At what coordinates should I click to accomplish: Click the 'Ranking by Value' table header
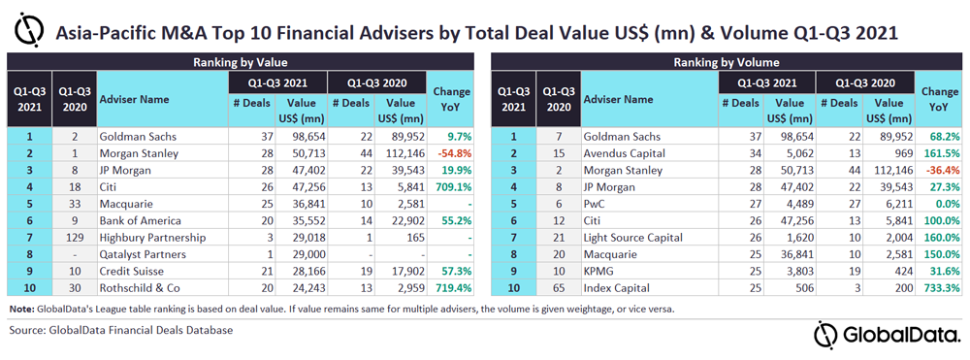241,62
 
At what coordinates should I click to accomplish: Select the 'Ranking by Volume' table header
726,62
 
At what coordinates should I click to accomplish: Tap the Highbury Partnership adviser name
143,237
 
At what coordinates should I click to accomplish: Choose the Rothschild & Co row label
134,287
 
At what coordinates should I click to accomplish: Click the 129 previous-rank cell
75,237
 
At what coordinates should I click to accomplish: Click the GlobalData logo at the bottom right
885,335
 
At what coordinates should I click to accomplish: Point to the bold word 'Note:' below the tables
21,309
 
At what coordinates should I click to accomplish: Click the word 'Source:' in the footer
28,330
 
